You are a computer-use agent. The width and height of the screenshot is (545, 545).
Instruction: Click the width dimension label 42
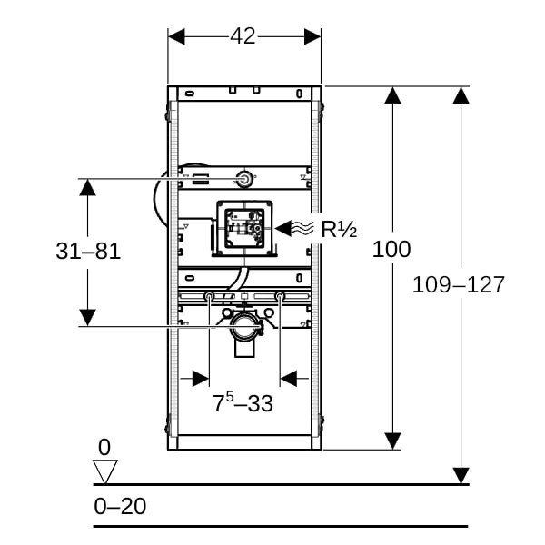click(x=243, y=36)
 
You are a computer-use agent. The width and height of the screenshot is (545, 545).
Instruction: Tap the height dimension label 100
click(x=391, y=249)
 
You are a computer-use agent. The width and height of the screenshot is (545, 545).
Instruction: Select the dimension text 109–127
click(x=458, y=284)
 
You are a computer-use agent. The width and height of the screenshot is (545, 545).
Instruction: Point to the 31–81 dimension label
click(x=88, y=252)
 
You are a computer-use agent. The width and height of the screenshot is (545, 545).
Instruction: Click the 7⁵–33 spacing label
click(x=243, y=403)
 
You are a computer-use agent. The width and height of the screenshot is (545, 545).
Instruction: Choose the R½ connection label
click(x=336, y=228)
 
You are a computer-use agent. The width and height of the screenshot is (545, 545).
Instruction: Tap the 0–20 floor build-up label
click(x=120, y=506)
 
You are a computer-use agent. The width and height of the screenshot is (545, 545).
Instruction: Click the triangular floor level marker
click(x=106, y=471)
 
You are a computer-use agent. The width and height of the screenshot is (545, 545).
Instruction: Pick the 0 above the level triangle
click(x=104, y=447)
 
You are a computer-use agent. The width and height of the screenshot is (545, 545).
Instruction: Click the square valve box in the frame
click(x=243, y=228)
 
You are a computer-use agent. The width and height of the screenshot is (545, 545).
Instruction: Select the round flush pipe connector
click(x=243, y=179)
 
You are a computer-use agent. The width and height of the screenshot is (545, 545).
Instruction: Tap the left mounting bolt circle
click(x=210, y=297)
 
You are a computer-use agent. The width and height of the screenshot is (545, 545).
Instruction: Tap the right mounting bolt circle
click(x=279, y=297)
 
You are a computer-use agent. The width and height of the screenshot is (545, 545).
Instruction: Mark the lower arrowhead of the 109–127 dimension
click(x=461, y=475)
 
